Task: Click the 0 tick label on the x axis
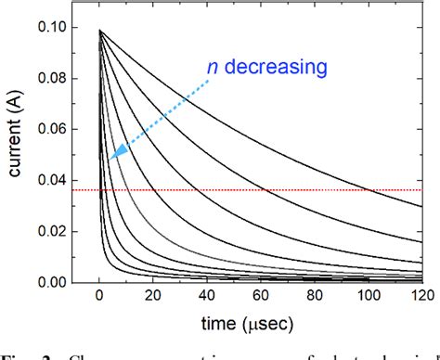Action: (x=98, y=299)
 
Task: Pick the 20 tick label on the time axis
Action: (x=152, y=299)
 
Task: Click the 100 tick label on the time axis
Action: (x=369, y=299)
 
